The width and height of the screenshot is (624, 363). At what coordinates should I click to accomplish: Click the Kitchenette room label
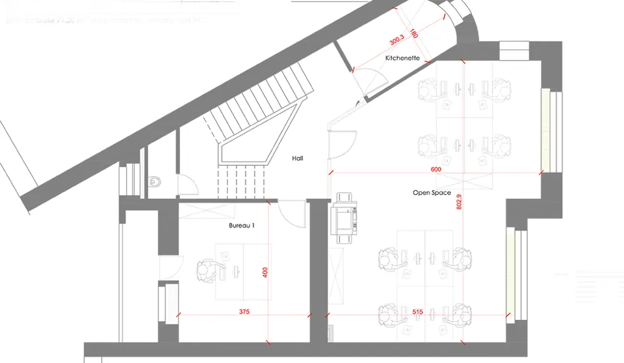pyautogui.click(x=401, y=59)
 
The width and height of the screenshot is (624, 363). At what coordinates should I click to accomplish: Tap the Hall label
pyautogui.click(x=298, y=158)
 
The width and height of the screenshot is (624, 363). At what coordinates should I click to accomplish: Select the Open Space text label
pyautogui.click(x=431, y=193)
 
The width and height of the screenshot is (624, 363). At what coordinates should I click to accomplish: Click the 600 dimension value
pyautogui.click(x=436, y=170)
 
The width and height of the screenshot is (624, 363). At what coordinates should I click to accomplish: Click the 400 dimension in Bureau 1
pyautogui.click(x=265, y=273)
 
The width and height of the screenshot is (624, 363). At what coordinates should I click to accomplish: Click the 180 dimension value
pyautogui.click(x=413, y=34)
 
